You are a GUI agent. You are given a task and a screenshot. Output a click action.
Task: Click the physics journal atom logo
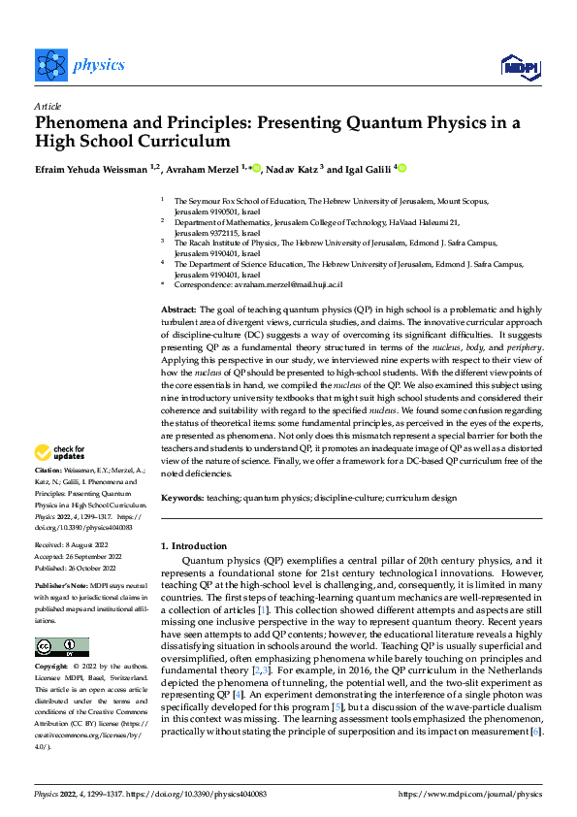[x=49, y=65]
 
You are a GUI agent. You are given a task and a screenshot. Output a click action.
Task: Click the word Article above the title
[x=48, y=106]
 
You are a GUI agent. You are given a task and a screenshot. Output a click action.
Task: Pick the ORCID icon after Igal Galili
[x=401, y=169]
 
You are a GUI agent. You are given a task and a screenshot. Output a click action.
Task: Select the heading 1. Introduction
[x=193, y=546]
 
